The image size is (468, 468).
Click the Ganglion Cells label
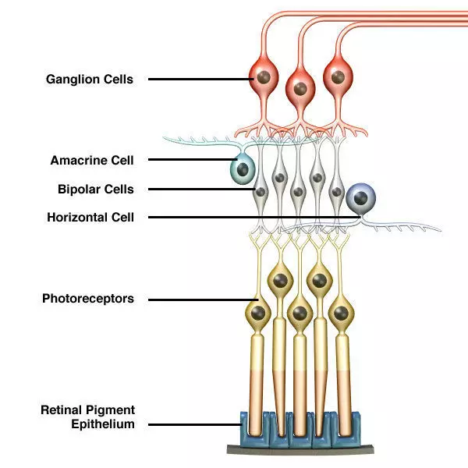pos(89,79)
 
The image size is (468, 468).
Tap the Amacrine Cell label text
pos(92,161)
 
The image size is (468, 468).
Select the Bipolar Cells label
pos(95,189)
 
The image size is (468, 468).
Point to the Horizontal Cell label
pos(90,218)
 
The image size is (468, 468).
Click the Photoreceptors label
pos(87,299)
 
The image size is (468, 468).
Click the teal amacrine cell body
pos(243,168)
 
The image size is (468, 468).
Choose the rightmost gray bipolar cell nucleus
pos(335,190)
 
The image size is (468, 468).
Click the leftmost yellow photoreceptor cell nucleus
pos(260,314)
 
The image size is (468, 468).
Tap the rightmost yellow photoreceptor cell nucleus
pos(340,314)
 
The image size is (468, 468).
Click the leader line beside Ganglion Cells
pos(199,79)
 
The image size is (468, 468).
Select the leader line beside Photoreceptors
pos(203,299)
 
